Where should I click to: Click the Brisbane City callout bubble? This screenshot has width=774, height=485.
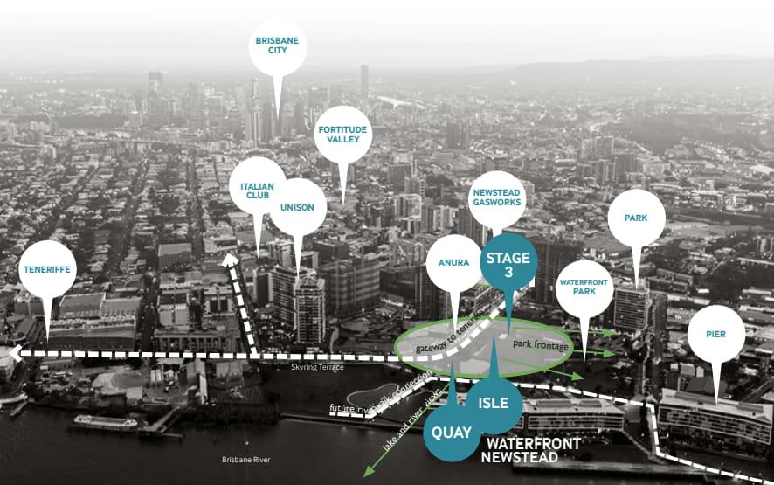point(278,45)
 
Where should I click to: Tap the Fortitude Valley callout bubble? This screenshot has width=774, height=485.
point(343,134)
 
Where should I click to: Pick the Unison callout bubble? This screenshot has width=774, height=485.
point(298,207)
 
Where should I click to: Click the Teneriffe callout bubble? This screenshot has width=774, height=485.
point(47,269)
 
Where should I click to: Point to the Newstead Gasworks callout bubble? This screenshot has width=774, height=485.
point(496,196)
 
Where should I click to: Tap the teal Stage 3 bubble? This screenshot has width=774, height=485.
point(508,263)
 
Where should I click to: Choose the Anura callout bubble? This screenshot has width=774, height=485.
point(455,263)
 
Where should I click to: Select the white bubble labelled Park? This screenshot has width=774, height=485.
point(636,217)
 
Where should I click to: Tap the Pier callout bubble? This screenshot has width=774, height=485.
point(716,334)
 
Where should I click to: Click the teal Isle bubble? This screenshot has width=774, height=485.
point(494,405)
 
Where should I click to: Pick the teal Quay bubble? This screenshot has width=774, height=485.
point(452,432)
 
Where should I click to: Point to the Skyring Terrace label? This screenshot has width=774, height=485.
point(318,368)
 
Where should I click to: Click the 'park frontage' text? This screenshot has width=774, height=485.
point(541,346)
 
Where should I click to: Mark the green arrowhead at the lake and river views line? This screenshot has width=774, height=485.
point(370,471)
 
